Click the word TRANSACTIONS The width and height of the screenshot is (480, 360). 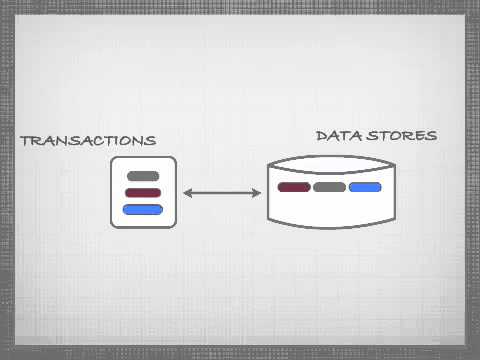88,140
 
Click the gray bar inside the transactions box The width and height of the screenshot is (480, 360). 143,176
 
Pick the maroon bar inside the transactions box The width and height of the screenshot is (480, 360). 143,192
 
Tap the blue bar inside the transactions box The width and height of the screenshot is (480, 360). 143,209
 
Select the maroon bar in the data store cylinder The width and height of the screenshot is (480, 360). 294,187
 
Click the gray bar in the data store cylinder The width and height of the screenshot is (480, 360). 329,187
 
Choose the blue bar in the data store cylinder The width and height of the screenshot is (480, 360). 365,187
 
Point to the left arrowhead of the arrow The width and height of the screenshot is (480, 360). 188,192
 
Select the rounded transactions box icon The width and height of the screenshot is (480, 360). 143,192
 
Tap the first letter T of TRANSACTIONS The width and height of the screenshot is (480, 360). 25,141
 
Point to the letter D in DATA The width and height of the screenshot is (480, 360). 321,135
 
